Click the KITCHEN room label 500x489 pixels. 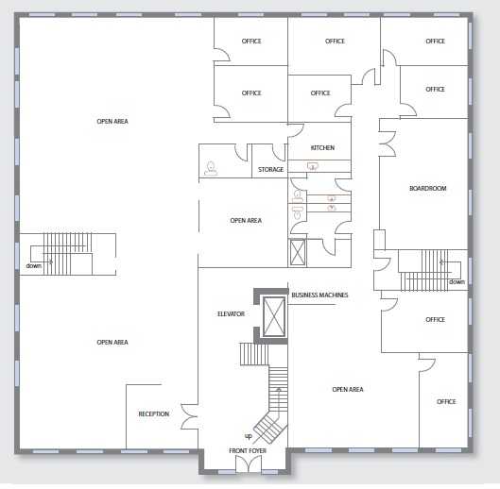click(322, 148)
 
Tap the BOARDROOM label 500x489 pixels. click(427, 188)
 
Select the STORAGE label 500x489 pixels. click(270, 170)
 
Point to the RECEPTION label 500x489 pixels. click(154, 413)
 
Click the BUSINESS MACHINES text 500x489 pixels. click(319, 295)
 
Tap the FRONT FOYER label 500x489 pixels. click(248, 451)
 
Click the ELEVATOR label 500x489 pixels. click(232, 314)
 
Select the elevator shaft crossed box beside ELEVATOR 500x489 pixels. click(274, 316)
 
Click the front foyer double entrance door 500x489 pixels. click(249, 464)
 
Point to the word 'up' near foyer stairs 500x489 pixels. click(248, 436)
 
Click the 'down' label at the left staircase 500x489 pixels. click(34, 265)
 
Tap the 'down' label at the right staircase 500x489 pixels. click(457, 282)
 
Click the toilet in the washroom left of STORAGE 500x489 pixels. click(211, 169)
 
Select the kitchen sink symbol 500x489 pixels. click(313, 166)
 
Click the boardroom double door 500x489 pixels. click(388, 143)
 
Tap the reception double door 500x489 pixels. click(189, 416)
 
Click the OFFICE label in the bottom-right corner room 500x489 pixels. click(446, 402)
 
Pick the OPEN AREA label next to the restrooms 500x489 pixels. click(246, 221)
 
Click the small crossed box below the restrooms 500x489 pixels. click(298, 253)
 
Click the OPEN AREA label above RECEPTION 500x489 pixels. click(112, 342)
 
